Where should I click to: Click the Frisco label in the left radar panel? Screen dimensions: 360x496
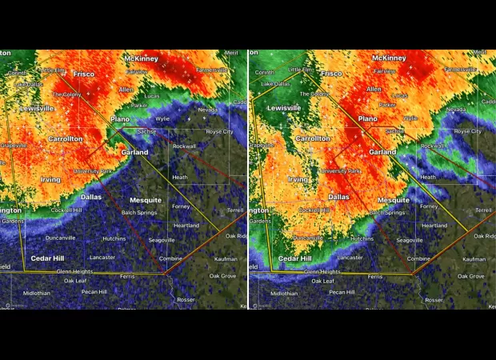(x=84, y=74)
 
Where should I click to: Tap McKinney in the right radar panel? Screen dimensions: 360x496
(x=389, y=58)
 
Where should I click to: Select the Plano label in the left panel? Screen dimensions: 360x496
(x=119, y=118)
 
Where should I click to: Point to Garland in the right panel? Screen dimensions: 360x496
(x=382, y=151)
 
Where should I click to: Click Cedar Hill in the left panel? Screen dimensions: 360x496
(x=47, y=258)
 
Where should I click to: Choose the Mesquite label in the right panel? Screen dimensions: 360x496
(x=393, y=200)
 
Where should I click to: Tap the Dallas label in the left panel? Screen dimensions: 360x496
(x=90, y=196)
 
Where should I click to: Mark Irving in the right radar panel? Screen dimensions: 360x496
(x=298, y=179)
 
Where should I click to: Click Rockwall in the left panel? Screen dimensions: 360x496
(x=184, y=146)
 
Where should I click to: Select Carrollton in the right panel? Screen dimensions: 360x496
(x=313, y=138)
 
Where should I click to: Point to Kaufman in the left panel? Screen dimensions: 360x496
(x=226, y=259)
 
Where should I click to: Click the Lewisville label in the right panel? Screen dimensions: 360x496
(x=284, y=108)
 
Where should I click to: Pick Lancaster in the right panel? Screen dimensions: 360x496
(x=350, y=258)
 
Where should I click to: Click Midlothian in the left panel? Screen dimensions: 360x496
(x=36, y=294)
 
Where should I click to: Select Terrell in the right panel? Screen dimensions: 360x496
(x=482, y=210)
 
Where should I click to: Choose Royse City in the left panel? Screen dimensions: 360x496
(x=219, y=131)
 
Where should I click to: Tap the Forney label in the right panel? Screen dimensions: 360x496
(x=429, y=206)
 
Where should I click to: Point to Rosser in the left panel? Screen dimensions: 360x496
(x=186, y=300)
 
